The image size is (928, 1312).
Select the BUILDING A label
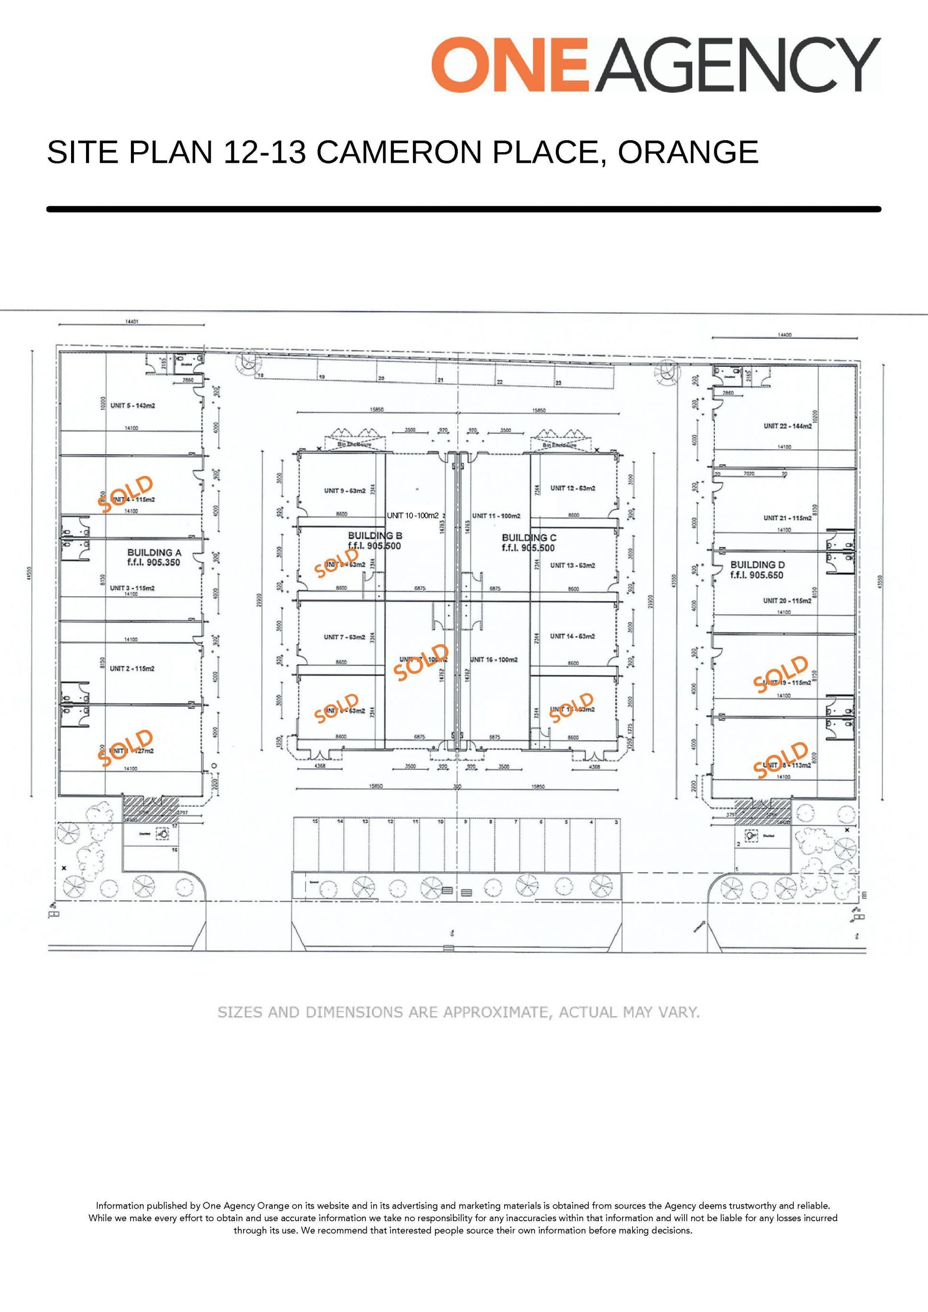point(154,552)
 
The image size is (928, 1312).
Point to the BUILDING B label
point(375,535)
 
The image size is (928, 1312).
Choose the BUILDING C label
point(529,538)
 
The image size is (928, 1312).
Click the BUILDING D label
point(757,564)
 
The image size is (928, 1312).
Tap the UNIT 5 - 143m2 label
point(133,406)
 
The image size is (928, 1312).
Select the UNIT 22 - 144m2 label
point(787,426)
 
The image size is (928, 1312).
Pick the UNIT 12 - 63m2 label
point(573,488)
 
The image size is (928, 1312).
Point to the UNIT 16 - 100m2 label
point(495,660)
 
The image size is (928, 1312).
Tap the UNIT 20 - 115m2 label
point(787,601)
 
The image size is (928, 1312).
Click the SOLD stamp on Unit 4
point(126,494)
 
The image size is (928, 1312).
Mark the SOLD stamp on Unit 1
point(126,747)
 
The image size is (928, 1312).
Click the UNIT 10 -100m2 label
point(413,516)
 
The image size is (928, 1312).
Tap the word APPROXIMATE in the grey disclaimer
point(496,1012)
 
